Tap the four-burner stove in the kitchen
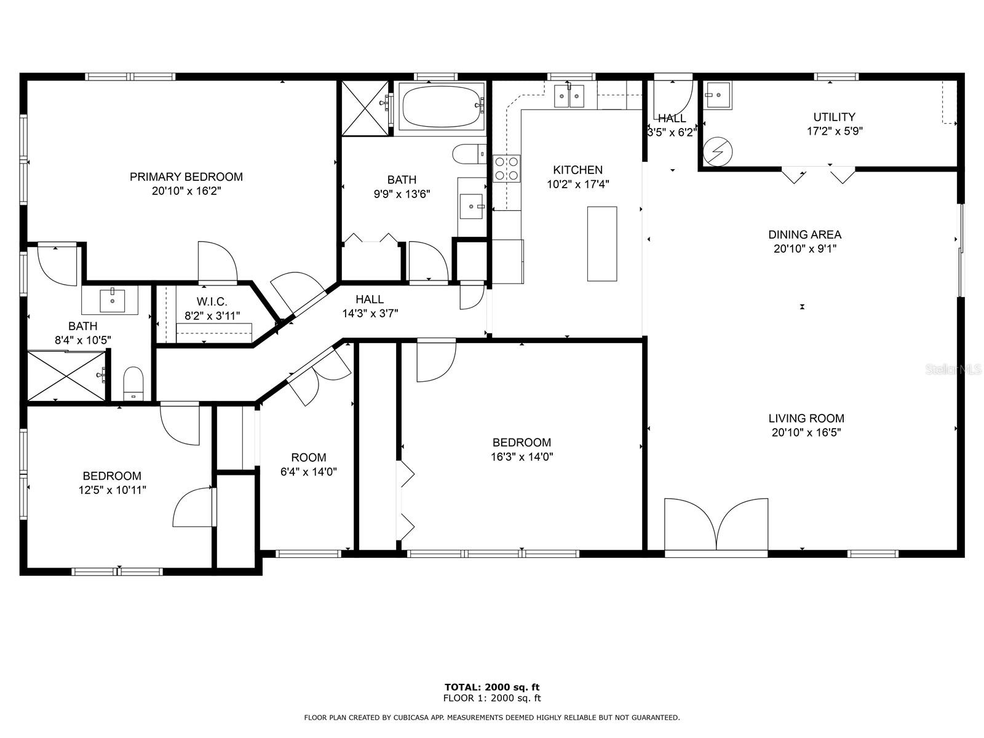507,169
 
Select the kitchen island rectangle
602,244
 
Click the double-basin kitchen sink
569,96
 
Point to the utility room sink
717,95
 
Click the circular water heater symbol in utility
718,151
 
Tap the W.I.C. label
212,301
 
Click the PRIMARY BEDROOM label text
186,177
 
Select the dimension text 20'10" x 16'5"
806,432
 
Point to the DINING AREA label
804,234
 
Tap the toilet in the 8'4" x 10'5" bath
133,384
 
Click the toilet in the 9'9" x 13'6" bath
469,154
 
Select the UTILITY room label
835,117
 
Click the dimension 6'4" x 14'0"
309,472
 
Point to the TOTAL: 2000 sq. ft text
492,687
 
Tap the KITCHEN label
578,170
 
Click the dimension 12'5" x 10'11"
112,490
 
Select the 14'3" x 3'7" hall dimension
370,313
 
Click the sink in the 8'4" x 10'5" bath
112,300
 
